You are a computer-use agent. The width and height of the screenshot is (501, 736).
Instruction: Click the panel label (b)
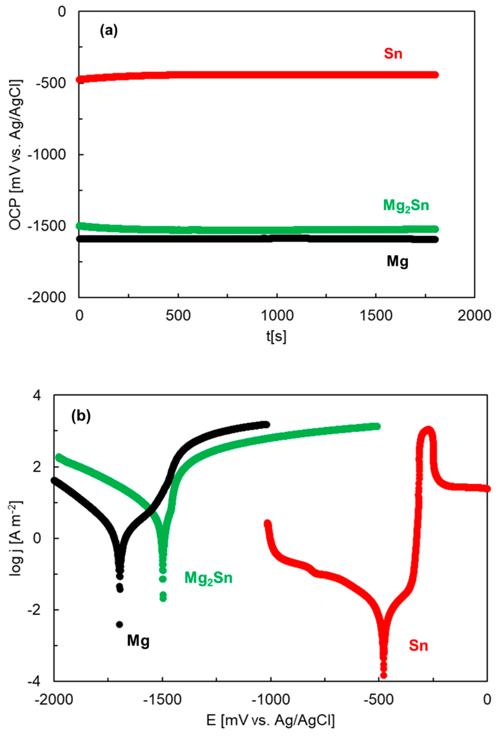[81, 416]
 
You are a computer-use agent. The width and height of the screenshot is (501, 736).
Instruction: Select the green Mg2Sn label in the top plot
[406, 206]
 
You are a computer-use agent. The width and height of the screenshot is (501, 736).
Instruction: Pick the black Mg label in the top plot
[397, 262]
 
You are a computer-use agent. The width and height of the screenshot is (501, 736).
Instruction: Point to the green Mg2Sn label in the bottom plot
[208, 578]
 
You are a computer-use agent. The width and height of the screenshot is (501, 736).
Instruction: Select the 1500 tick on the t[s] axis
[375, 316]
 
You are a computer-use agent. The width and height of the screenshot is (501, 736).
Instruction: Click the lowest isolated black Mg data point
[119, 624]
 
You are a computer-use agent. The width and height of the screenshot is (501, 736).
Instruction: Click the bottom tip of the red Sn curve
[383, 676]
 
